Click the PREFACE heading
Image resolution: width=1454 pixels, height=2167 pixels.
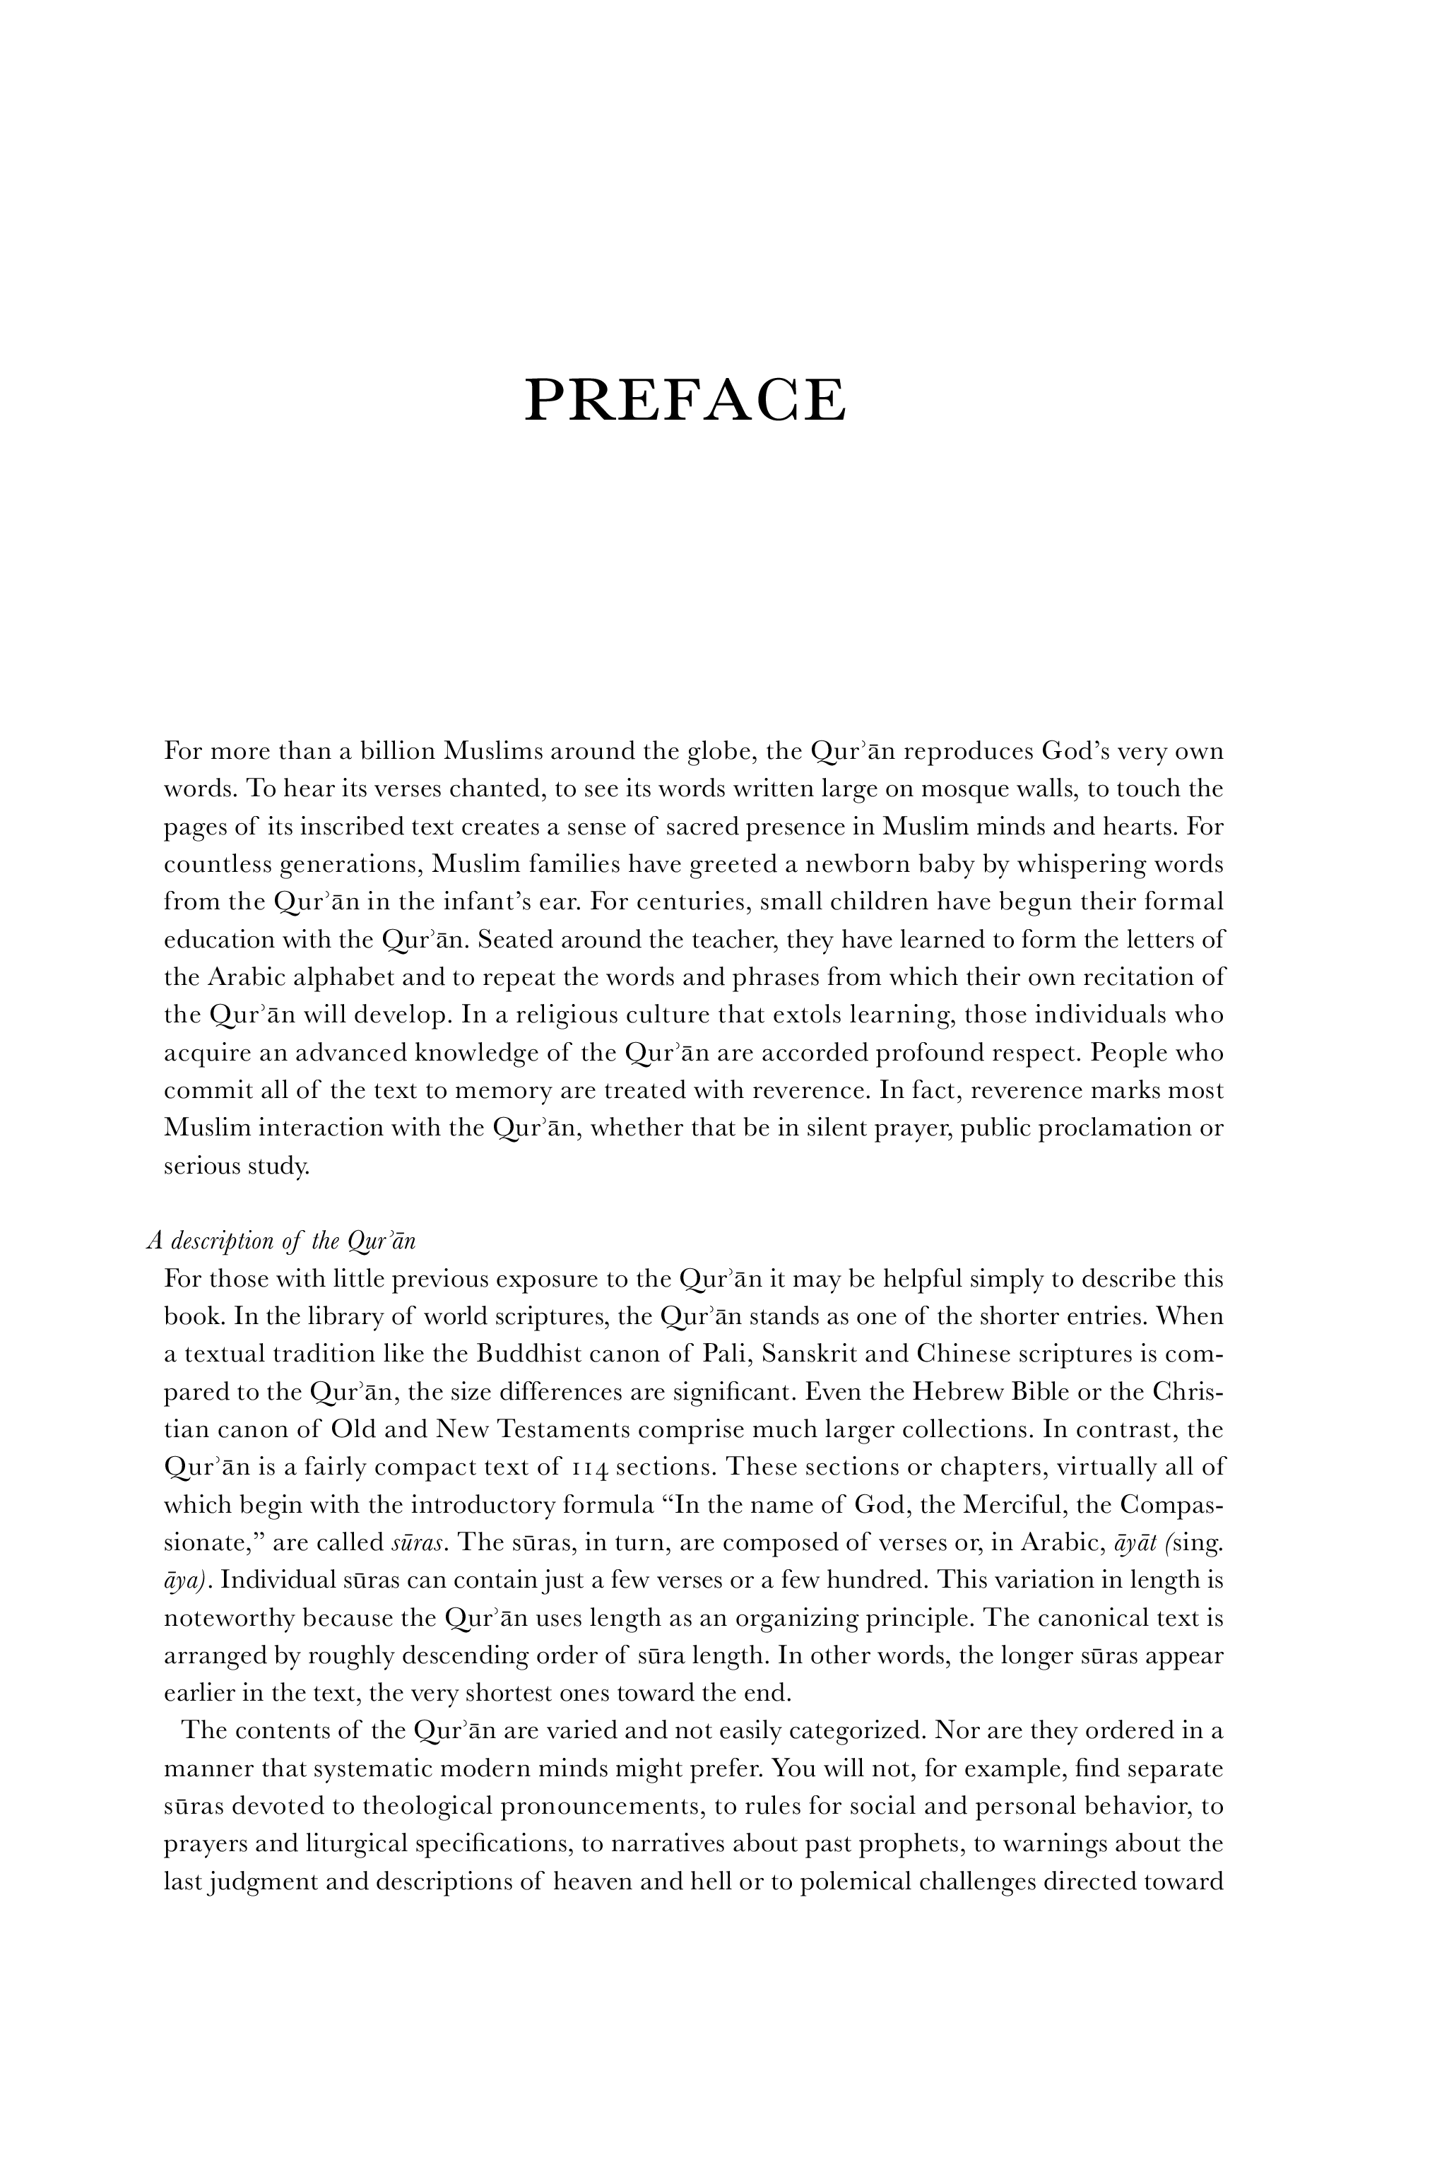pyautogui.click(x=685, y=400)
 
